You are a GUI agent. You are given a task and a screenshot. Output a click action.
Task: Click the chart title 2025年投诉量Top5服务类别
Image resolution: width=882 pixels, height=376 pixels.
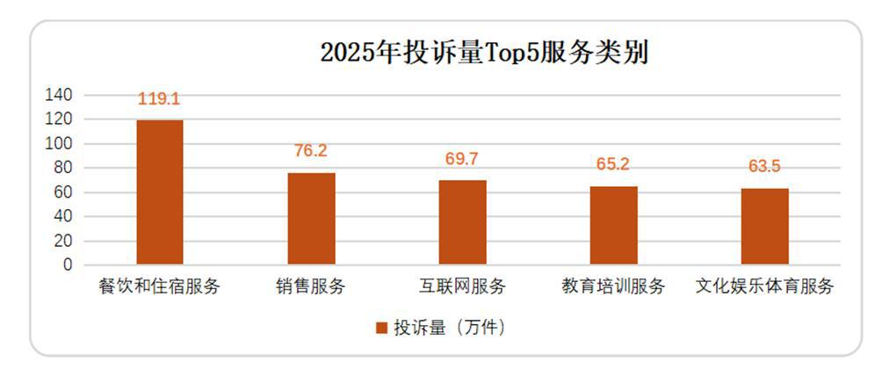pos(484,53)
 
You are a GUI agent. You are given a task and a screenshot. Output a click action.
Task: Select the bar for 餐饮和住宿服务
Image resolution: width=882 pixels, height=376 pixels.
pos(159,192)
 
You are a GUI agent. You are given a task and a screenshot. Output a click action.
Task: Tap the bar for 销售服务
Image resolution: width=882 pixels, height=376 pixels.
pos(311,219)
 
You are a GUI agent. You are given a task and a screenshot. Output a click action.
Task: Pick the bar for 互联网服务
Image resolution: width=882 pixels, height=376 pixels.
pos(462,222)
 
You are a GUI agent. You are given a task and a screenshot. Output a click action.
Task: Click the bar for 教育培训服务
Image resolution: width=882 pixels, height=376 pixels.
pos(613,226)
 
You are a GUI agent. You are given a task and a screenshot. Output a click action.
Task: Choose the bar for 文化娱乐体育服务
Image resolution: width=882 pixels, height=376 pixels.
pos(764,227)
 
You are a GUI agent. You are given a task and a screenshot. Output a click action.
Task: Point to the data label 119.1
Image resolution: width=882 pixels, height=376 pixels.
pos(159,99)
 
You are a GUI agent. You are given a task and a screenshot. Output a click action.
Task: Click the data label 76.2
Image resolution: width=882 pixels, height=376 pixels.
pos(310,151)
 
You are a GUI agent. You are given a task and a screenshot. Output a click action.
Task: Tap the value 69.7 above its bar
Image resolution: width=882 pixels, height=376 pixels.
pos(462,159)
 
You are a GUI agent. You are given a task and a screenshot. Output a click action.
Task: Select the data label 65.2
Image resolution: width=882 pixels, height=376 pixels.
pos(613,164)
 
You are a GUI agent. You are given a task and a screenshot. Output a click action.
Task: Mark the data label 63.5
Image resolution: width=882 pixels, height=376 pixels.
pos(764,167)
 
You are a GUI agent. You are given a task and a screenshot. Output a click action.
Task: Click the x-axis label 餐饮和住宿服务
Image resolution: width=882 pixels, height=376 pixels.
pos(159,287)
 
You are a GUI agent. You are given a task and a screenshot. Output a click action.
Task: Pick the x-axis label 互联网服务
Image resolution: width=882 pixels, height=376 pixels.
pos(462,287)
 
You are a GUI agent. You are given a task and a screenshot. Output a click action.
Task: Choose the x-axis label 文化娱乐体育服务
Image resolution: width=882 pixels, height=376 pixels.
pos(764,287)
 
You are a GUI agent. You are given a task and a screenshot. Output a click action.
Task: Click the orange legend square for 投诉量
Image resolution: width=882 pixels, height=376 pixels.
pos(381,328)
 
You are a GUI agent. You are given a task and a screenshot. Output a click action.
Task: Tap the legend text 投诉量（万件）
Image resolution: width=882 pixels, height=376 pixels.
pos(450,328)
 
